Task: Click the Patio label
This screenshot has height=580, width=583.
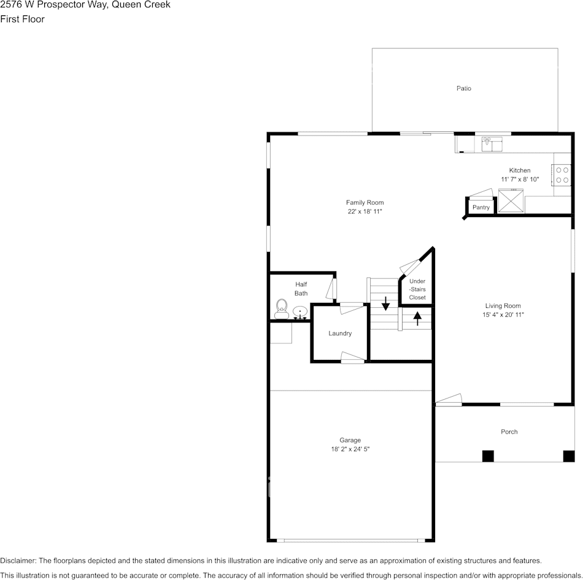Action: tap(463, 88)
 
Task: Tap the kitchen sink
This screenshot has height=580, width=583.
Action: tap(492, 143)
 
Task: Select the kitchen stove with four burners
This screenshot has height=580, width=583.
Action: tap(562, 175)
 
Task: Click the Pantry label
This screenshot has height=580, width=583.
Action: tap(481, 207)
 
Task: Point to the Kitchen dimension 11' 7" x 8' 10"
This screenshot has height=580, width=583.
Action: tap(520, 180)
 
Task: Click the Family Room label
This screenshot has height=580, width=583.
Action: tap(365, 202)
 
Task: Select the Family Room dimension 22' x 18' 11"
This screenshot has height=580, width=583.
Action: tap(365, 212)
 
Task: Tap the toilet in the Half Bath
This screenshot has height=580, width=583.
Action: tap(282, 307)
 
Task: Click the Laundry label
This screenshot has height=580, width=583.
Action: tap(340, 334)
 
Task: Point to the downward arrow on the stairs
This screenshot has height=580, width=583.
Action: tap(386, 302)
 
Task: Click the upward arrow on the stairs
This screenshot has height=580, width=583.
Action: tap(417, 318)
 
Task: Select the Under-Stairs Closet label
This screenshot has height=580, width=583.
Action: tap(417, 289)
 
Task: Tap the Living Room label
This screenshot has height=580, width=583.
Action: tap(503, 305)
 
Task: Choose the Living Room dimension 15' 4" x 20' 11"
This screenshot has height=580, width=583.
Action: tap(503, 315)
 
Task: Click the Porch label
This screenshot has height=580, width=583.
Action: tap(509, 432)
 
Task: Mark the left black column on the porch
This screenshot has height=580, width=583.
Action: tap(488, 456)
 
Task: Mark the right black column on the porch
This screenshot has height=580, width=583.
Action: tap(569, 456)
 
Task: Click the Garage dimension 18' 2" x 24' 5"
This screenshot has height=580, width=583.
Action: tap(350, 449)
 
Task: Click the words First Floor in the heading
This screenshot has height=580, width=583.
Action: tap(22, 19)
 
